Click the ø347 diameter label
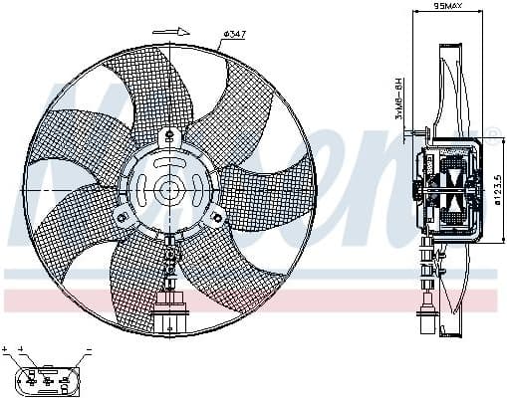click(x=234, y=35)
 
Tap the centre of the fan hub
click(x=168, y=187)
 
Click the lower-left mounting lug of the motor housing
click(x=123, y=216)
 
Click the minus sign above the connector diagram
click(x=88, y=349)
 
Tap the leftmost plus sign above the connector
click(x=6, y=349)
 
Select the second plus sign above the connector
click(x=20, y=349)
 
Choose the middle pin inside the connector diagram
click(x=46, y=379)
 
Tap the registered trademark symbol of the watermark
click(x=491, y=132)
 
